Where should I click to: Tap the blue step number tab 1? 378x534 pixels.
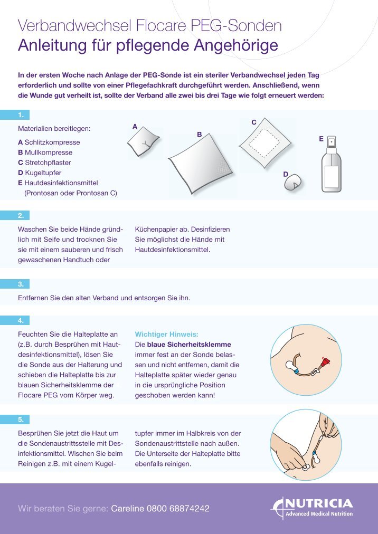21,115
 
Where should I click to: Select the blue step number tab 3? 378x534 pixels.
21,284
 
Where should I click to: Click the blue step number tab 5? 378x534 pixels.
21,419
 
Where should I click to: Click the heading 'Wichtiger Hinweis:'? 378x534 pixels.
166,334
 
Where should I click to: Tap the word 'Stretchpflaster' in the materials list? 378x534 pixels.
48,163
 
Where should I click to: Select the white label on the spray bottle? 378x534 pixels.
331,176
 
